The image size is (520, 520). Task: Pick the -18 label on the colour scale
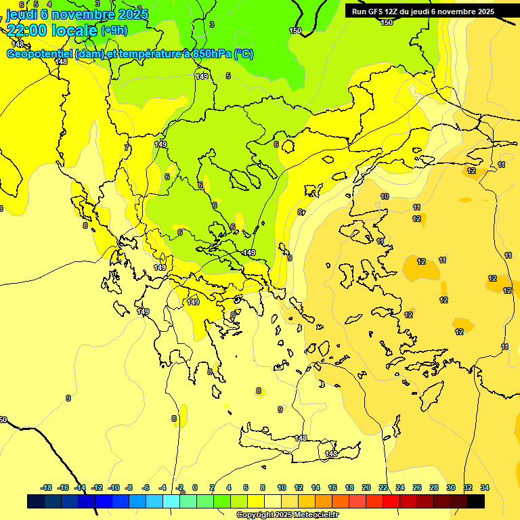point(46,487)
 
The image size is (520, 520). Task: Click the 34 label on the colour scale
point(485,487)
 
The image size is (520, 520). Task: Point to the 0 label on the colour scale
point(195,487)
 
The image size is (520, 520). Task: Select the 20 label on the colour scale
point(366,487)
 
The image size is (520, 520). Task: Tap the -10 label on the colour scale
point(114,487)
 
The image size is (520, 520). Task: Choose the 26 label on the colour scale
point(417,487)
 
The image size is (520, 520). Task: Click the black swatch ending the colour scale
point(475,502)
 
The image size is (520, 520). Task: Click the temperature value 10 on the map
point(385,196)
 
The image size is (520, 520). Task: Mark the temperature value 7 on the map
point(126,148)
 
